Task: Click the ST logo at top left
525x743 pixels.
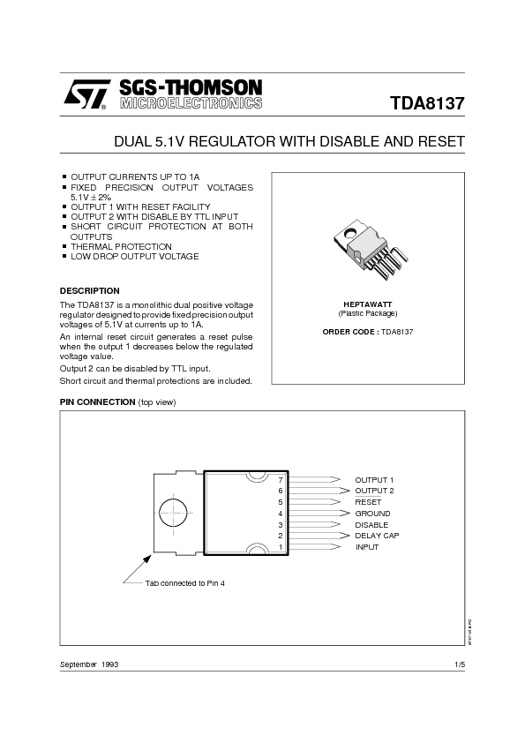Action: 83,94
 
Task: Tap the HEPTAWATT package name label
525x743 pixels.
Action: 368,304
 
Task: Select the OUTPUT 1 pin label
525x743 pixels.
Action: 374,479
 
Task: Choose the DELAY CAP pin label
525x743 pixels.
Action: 377,536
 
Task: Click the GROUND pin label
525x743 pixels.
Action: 372,514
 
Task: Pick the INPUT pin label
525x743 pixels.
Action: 367,547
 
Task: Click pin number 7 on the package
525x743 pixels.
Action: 280,479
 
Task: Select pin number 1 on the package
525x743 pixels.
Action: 280,547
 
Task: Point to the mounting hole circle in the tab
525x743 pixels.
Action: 174,513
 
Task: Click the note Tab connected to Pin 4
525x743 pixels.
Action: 185,583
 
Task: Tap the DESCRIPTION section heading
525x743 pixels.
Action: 89,290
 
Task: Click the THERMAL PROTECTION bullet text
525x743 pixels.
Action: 121,246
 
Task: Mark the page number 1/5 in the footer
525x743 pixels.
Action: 459,663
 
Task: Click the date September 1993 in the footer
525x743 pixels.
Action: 89,663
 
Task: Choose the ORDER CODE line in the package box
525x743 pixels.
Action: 368,331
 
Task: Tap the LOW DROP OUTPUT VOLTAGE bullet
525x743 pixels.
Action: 134,256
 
